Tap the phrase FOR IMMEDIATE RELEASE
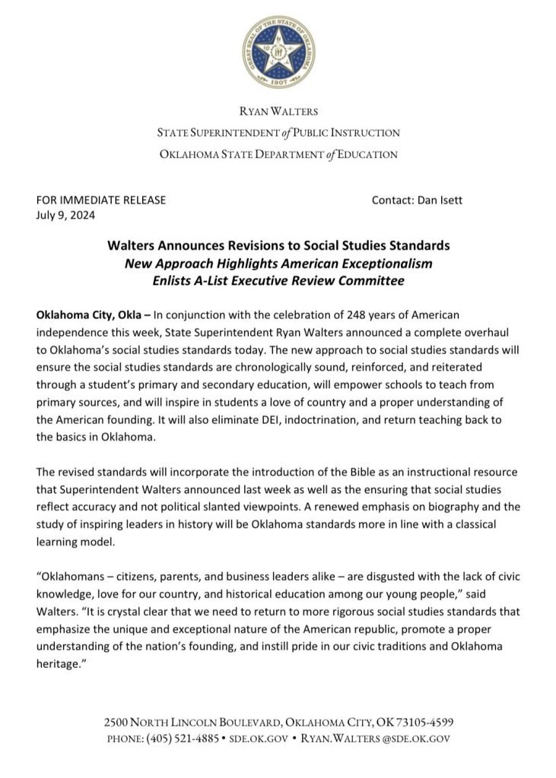pyautogui.click(x=101, y=201)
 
